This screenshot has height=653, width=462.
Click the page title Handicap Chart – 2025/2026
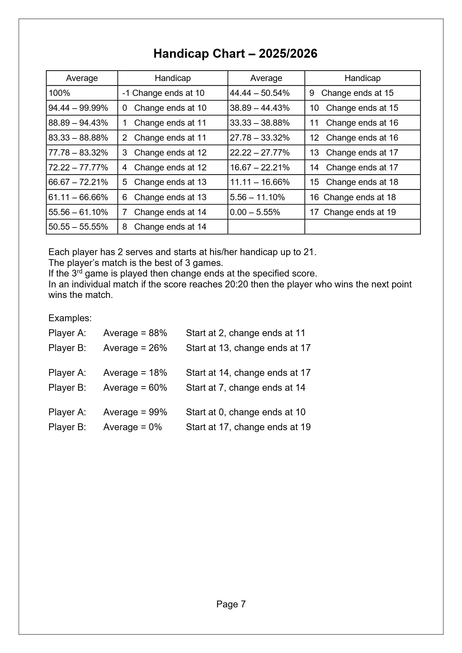pyautogui.click(x=235, y=54)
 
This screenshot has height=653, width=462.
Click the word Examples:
pyautogui.click(x=70, y=318)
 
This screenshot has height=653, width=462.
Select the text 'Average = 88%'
pyautogui.click(x=135, y=333)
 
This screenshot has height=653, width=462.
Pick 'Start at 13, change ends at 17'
pyautogui.click(x=248, y=348)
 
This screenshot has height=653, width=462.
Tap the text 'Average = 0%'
pyautogui.click(x=133, y=427)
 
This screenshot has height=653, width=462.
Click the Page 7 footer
pyautogui.click(x=231, y=604)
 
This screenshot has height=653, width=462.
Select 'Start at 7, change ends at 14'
pyautogui.click(x=246, y=388)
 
